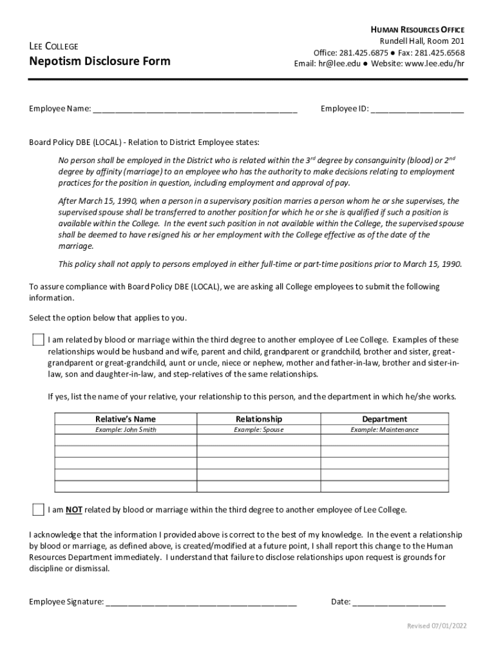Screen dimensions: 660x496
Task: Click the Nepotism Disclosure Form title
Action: point(100,61)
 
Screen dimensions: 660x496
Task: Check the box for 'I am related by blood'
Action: point(39,340)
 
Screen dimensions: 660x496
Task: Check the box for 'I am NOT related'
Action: point(39,510)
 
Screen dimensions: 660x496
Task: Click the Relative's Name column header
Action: point(126,419)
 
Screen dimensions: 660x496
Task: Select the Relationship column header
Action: point(258,419)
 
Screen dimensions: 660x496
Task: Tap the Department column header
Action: point(384,419)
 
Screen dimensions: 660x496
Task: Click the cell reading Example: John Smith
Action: point(126,430)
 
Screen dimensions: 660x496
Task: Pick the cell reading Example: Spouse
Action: point(258,430)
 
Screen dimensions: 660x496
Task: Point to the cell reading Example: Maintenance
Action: point(384,430)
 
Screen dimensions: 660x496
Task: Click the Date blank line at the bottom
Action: point(399,602)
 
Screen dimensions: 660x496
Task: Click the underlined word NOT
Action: point(73,510)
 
